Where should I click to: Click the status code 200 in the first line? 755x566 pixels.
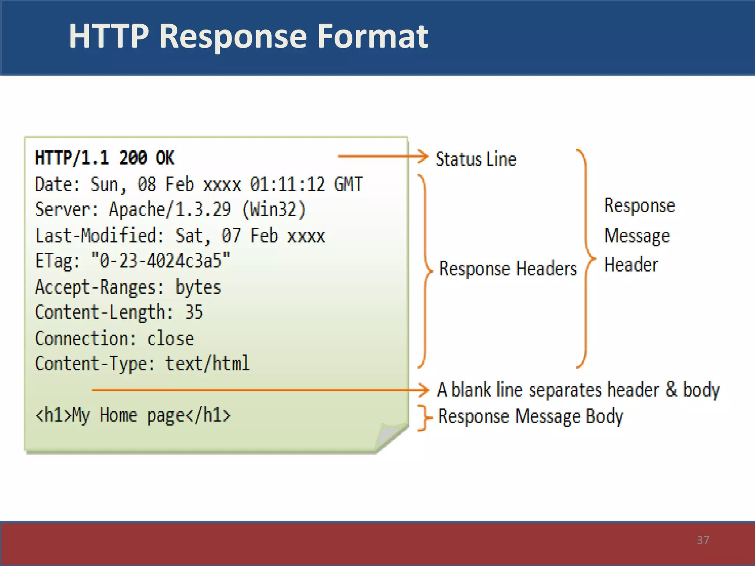point(133,158)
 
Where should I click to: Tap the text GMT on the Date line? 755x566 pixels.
point(348,184)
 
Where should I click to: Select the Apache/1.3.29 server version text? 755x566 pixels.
point(170,210)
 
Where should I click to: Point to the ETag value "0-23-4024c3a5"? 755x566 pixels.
point(160,261)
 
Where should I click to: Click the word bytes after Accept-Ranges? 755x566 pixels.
point(198,287)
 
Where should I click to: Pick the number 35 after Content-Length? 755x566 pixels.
point(194,312)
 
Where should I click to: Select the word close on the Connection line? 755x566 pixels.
point(170,338)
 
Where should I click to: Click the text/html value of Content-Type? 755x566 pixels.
point(207,364)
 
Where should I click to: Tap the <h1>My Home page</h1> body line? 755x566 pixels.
point(133,416)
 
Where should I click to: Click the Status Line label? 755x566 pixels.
point(476,159)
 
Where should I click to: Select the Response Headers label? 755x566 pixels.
point(508,268)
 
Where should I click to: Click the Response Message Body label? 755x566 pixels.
point(530,416)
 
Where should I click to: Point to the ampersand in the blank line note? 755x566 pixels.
point(671,389)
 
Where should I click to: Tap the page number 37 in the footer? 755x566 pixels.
point(703,540)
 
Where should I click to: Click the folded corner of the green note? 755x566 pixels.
point(391,435)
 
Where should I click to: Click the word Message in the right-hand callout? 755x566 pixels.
point(637,235)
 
